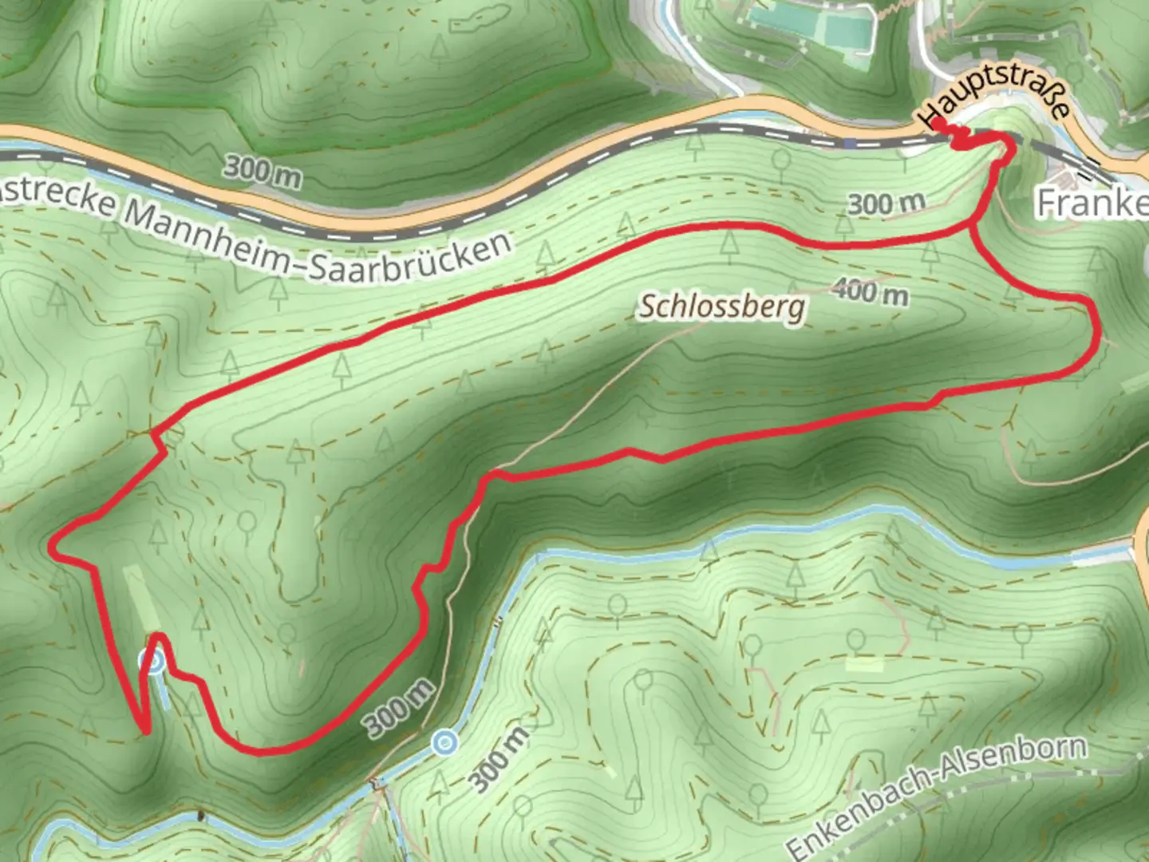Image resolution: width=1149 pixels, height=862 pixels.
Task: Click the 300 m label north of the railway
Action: click(x=263, y=171)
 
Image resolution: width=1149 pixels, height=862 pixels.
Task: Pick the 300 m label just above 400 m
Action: click(x=886, y=204)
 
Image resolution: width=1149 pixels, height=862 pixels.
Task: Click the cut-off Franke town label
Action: click(x=1093, y=204)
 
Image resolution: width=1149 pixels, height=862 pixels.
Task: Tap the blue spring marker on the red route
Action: click(x=151, y=662)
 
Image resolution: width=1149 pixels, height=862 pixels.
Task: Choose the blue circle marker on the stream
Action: click(x=444, y=744)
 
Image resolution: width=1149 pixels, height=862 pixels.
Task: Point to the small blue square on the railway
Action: click(x=851, y=144)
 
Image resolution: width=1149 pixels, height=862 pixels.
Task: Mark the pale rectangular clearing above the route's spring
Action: click(x=142, y=599)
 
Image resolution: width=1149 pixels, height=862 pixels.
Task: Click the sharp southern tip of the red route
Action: click(x=145, y=730)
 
